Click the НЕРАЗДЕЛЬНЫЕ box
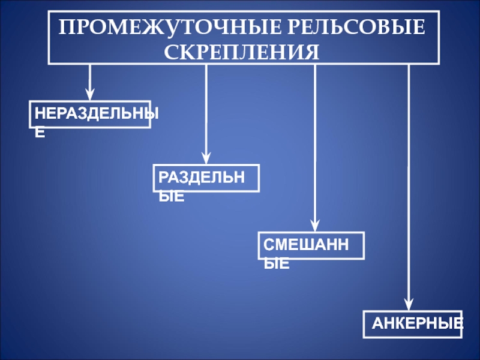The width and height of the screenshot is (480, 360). (x=90, y=114)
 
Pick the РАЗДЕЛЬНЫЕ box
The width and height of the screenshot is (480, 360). (x=206, y=178)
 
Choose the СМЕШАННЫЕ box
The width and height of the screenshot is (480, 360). (x=311, y=245)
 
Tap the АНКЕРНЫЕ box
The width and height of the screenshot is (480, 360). (x=413, y=324)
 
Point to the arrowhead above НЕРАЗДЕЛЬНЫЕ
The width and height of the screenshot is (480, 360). (x=90, y=95)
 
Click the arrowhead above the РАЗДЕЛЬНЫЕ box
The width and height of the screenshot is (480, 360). (x=206, y=158)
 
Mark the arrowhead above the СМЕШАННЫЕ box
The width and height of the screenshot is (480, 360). (x=315, y=226)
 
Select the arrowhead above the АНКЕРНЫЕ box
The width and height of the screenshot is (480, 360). (x=409, y=304)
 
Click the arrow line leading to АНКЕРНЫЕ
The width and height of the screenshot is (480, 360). (x=409, y=180)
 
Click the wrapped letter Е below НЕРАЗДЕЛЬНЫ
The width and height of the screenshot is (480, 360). (x=40, y=133)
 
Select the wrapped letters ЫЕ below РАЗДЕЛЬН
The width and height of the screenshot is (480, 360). (x=172, y=196)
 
